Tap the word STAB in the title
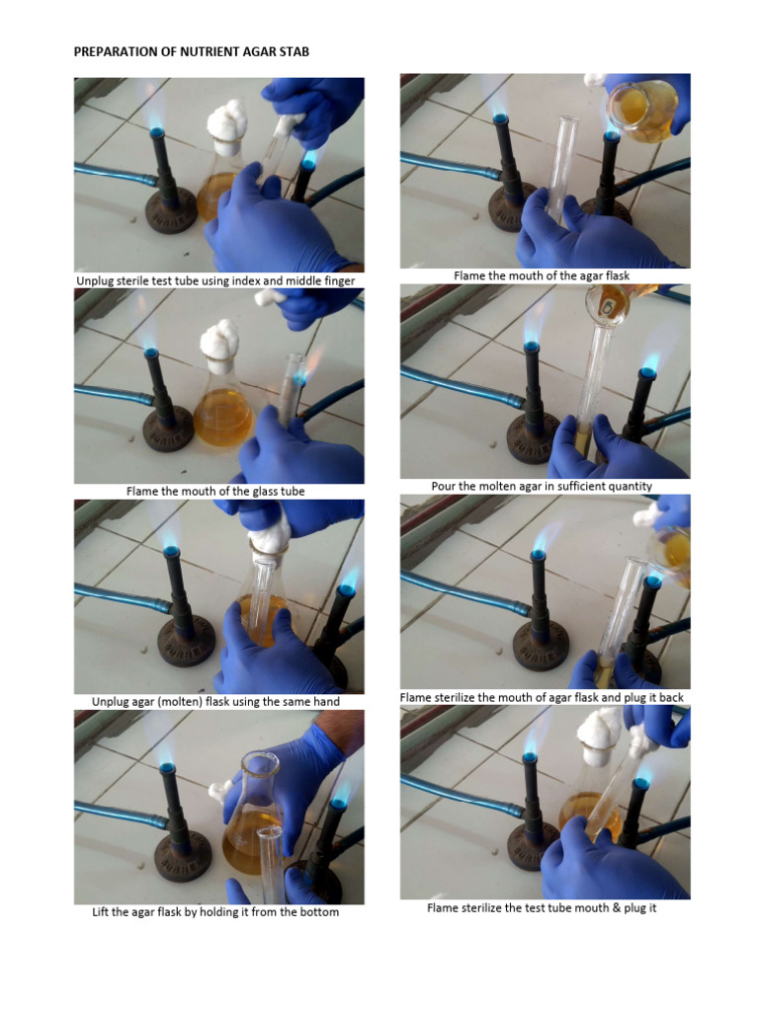tap(294, 50)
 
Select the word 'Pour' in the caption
tap(444, 487)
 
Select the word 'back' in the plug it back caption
tap(669, 697)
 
